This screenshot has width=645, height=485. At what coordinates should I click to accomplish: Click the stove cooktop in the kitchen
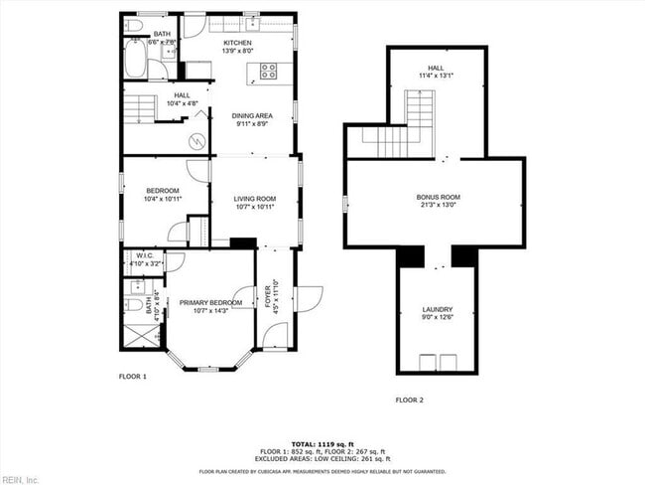pyautogui.click(x=268, y=70)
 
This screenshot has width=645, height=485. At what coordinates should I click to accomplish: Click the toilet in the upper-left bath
pyautogui.click(x=135, y=24)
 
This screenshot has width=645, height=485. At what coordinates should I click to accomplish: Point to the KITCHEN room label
pyautogui.click(x=237, y=44)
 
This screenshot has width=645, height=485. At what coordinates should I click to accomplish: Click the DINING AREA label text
pyautogui.click(x=253, y=116)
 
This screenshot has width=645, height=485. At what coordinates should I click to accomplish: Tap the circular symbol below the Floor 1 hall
pyautogui.click(x=197, y=141)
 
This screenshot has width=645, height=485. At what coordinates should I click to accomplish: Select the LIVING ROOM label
pyautogui.click(x=254, y=199)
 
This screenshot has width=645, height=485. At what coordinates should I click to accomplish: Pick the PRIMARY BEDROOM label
pyautogui.click(x=211, y=301)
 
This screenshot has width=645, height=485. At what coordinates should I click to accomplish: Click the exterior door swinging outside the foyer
pyautogui.click(x=311, y=295)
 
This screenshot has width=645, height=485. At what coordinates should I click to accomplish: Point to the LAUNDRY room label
pyautogui.click(x=438, y=310)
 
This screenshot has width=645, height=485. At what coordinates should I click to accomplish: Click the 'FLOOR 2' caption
pyautogui.click(x=409, y=400)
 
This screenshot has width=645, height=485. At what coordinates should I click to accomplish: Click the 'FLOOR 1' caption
pyautogui.click(x=133, y=377)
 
